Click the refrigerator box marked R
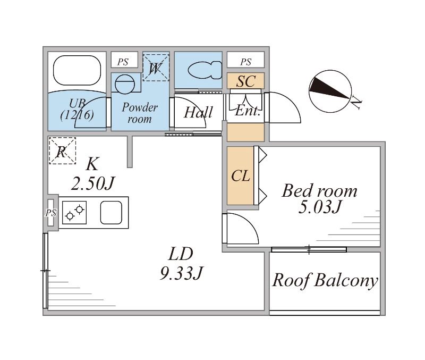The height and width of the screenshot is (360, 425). (62, 150)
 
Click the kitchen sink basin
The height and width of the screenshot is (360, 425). (112, 213)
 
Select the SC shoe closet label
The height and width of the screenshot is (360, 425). (245, 81)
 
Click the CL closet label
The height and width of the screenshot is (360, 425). (241, 176)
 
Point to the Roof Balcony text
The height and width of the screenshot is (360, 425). (325, 280)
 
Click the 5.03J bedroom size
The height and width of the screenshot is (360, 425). (319, 207)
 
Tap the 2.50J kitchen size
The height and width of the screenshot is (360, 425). (93, 183)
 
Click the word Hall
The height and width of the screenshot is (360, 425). (198, 112)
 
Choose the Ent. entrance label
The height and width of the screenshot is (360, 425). (247, 112)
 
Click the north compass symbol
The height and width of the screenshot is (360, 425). (330, 90)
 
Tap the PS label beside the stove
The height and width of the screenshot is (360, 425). (50, 213)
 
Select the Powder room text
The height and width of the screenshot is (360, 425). (140, 113)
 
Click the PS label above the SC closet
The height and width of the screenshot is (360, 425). (245, 62)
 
